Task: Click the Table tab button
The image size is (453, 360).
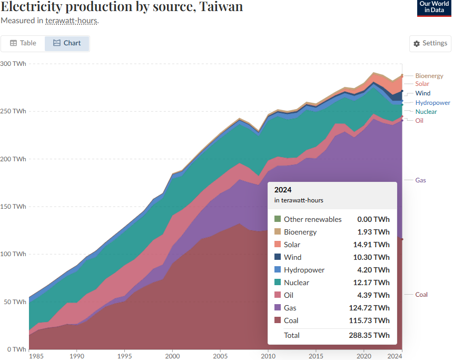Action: coord(23,43)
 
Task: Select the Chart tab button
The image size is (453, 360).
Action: coord(67,43)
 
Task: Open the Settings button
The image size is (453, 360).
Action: coord(430,43)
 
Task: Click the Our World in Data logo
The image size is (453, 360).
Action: coord(434,8)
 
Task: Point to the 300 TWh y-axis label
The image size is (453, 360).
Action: coord(13,64)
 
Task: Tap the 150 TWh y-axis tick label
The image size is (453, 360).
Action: coord(13,207)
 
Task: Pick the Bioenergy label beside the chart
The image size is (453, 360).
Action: coord(429,76)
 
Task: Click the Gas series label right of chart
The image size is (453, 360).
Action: coord(420,180)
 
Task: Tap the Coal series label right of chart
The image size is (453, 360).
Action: coord(421,295)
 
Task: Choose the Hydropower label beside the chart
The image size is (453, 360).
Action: coord(432,103)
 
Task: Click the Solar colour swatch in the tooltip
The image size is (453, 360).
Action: coord(278,245)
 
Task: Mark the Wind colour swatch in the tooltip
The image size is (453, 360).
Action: coord(278,257)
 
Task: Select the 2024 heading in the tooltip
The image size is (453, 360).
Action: coord(283,190)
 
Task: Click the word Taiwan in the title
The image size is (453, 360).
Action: coord(219,7)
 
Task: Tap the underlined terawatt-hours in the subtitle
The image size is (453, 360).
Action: coord(71,21)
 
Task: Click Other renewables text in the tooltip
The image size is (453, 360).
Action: coord(312,219)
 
